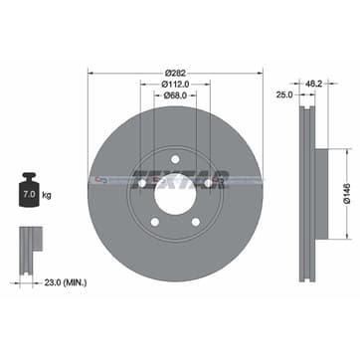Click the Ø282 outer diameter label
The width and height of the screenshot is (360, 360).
(175, 73)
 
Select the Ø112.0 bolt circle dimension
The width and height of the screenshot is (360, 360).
(175, 85)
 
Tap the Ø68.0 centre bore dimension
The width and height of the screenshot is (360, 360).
(175, 96)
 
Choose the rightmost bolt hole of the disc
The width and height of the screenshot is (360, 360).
(209, 182)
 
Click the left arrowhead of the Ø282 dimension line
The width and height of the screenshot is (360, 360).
(90, 73)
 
